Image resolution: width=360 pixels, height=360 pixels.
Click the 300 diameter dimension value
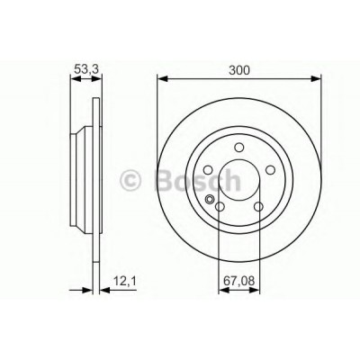pos(239,70)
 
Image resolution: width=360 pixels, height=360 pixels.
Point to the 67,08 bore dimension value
pos(239,281)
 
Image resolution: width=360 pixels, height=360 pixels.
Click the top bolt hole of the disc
pos(239,148)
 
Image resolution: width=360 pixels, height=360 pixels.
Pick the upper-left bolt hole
pos(208,170)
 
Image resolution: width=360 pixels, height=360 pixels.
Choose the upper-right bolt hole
pos(271,170)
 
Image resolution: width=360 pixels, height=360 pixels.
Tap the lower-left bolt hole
pos(220,207)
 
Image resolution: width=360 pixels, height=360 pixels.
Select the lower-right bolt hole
pos(258,207)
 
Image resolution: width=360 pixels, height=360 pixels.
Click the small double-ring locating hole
pos(210,199)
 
